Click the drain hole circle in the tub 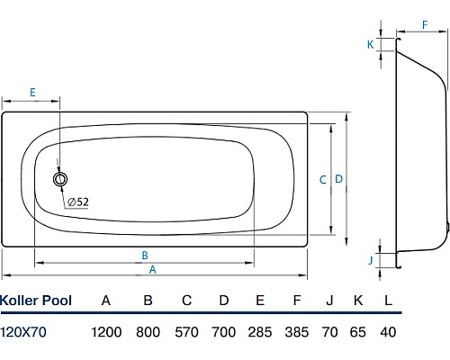click(60, 180)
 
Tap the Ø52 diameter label click(77, 202)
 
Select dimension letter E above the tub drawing click(32, 93)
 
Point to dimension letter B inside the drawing click(145, 254)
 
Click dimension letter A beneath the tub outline click(152, 269)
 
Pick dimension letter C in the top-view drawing click(322, 179)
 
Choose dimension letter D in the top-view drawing click(338, 179)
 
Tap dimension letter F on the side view click(424, 27)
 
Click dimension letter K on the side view click(370, 44)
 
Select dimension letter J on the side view click(370, 260)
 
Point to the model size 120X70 click(25, 332)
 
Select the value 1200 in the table click(106, 332)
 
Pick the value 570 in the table click(185, 332)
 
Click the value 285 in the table click(260, 332)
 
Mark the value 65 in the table click(358, 332)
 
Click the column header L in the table click(388, 300)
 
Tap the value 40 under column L click(388, 332)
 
